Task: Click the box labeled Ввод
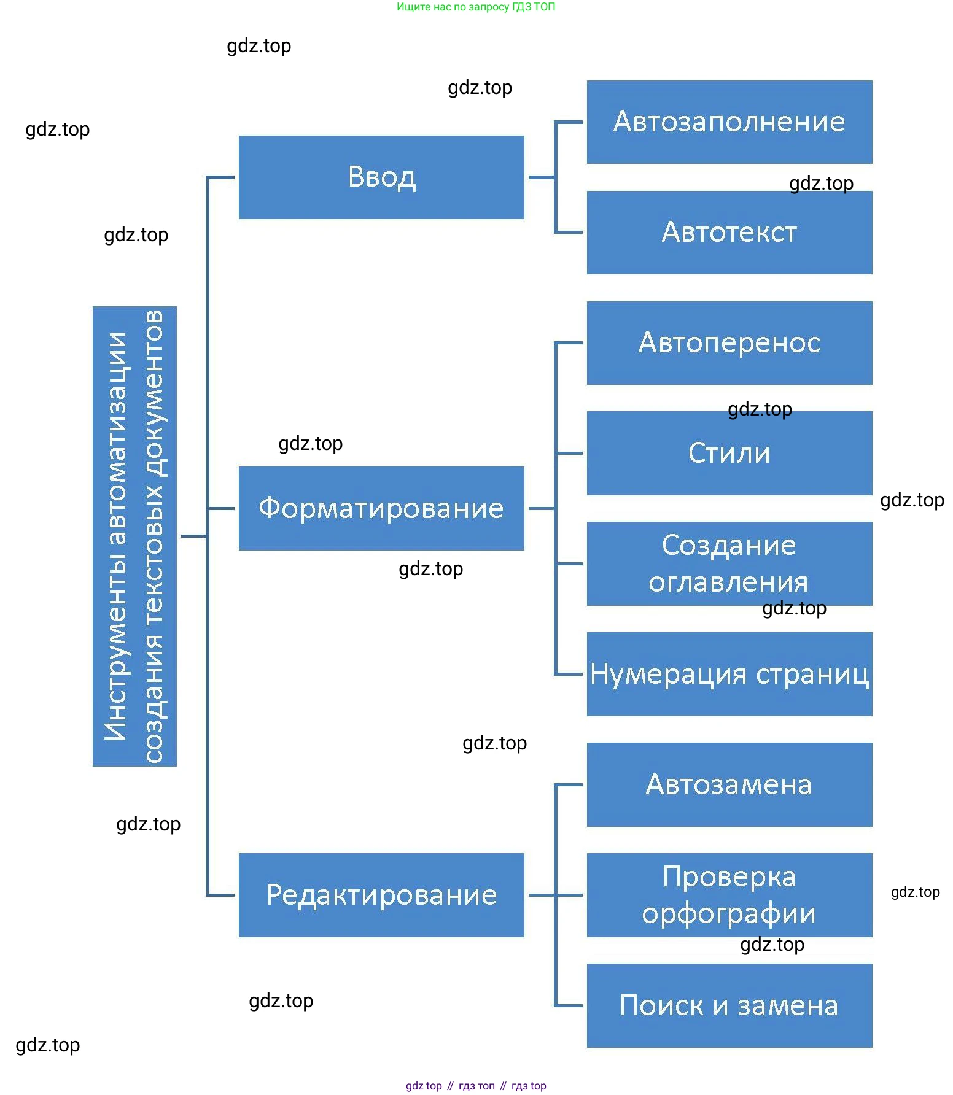point(381,177)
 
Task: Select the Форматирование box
point(381,508)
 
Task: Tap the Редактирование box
point(381,895)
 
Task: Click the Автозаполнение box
point(729,122)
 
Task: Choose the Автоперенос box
point(729,343)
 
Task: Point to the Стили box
point(729,454)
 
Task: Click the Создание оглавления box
point(729,563)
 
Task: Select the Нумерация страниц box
point(729,674)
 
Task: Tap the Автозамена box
point(729,784)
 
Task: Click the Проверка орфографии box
point(729,895)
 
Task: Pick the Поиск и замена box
point(729,1005)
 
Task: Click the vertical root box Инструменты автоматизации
point(134,536)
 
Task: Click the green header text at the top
point(476,7)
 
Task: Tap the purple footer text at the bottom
point(476,1086)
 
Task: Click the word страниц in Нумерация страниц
point(812,675)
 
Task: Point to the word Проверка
point(729,876)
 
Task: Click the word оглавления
point(728,582)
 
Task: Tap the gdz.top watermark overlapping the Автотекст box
point(821,184)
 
